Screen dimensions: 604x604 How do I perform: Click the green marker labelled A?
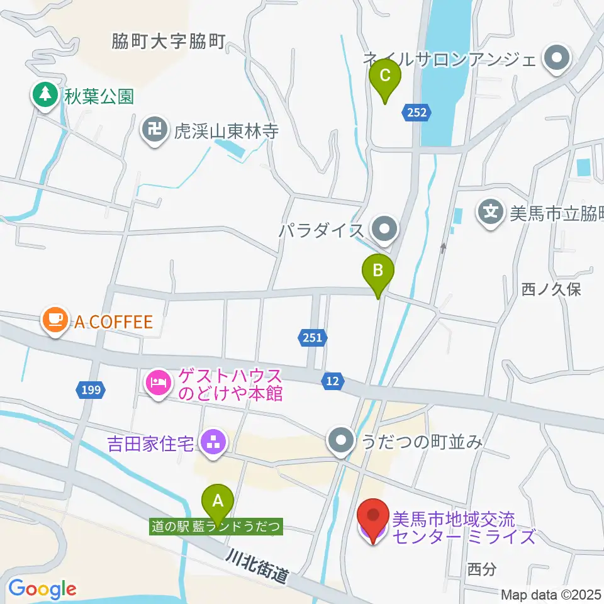click(218, 501)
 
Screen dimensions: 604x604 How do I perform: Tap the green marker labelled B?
click(378, 271)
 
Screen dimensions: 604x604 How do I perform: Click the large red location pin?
click(373, 518)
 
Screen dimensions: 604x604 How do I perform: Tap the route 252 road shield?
click(417, 113)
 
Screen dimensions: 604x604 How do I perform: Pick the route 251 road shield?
click(312, 338)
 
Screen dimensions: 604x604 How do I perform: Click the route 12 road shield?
click(333, 379)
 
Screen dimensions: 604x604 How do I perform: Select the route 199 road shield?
click(91, 391)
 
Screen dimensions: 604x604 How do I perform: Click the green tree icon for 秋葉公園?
click(44, 96)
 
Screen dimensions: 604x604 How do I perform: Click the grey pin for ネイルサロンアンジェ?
click(557, 60)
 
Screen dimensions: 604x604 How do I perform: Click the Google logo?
click(42, 589)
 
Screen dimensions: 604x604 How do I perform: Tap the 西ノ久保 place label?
click(551, 289)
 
